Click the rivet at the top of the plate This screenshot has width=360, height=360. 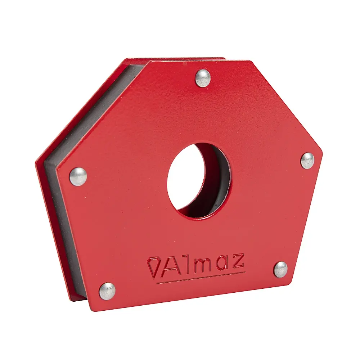203,78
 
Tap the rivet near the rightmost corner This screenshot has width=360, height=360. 307,160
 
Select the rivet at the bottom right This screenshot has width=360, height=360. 280,269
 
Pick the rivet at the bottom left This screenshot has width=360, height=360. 107,291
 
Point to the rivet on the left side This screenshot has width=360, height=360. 78,176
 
